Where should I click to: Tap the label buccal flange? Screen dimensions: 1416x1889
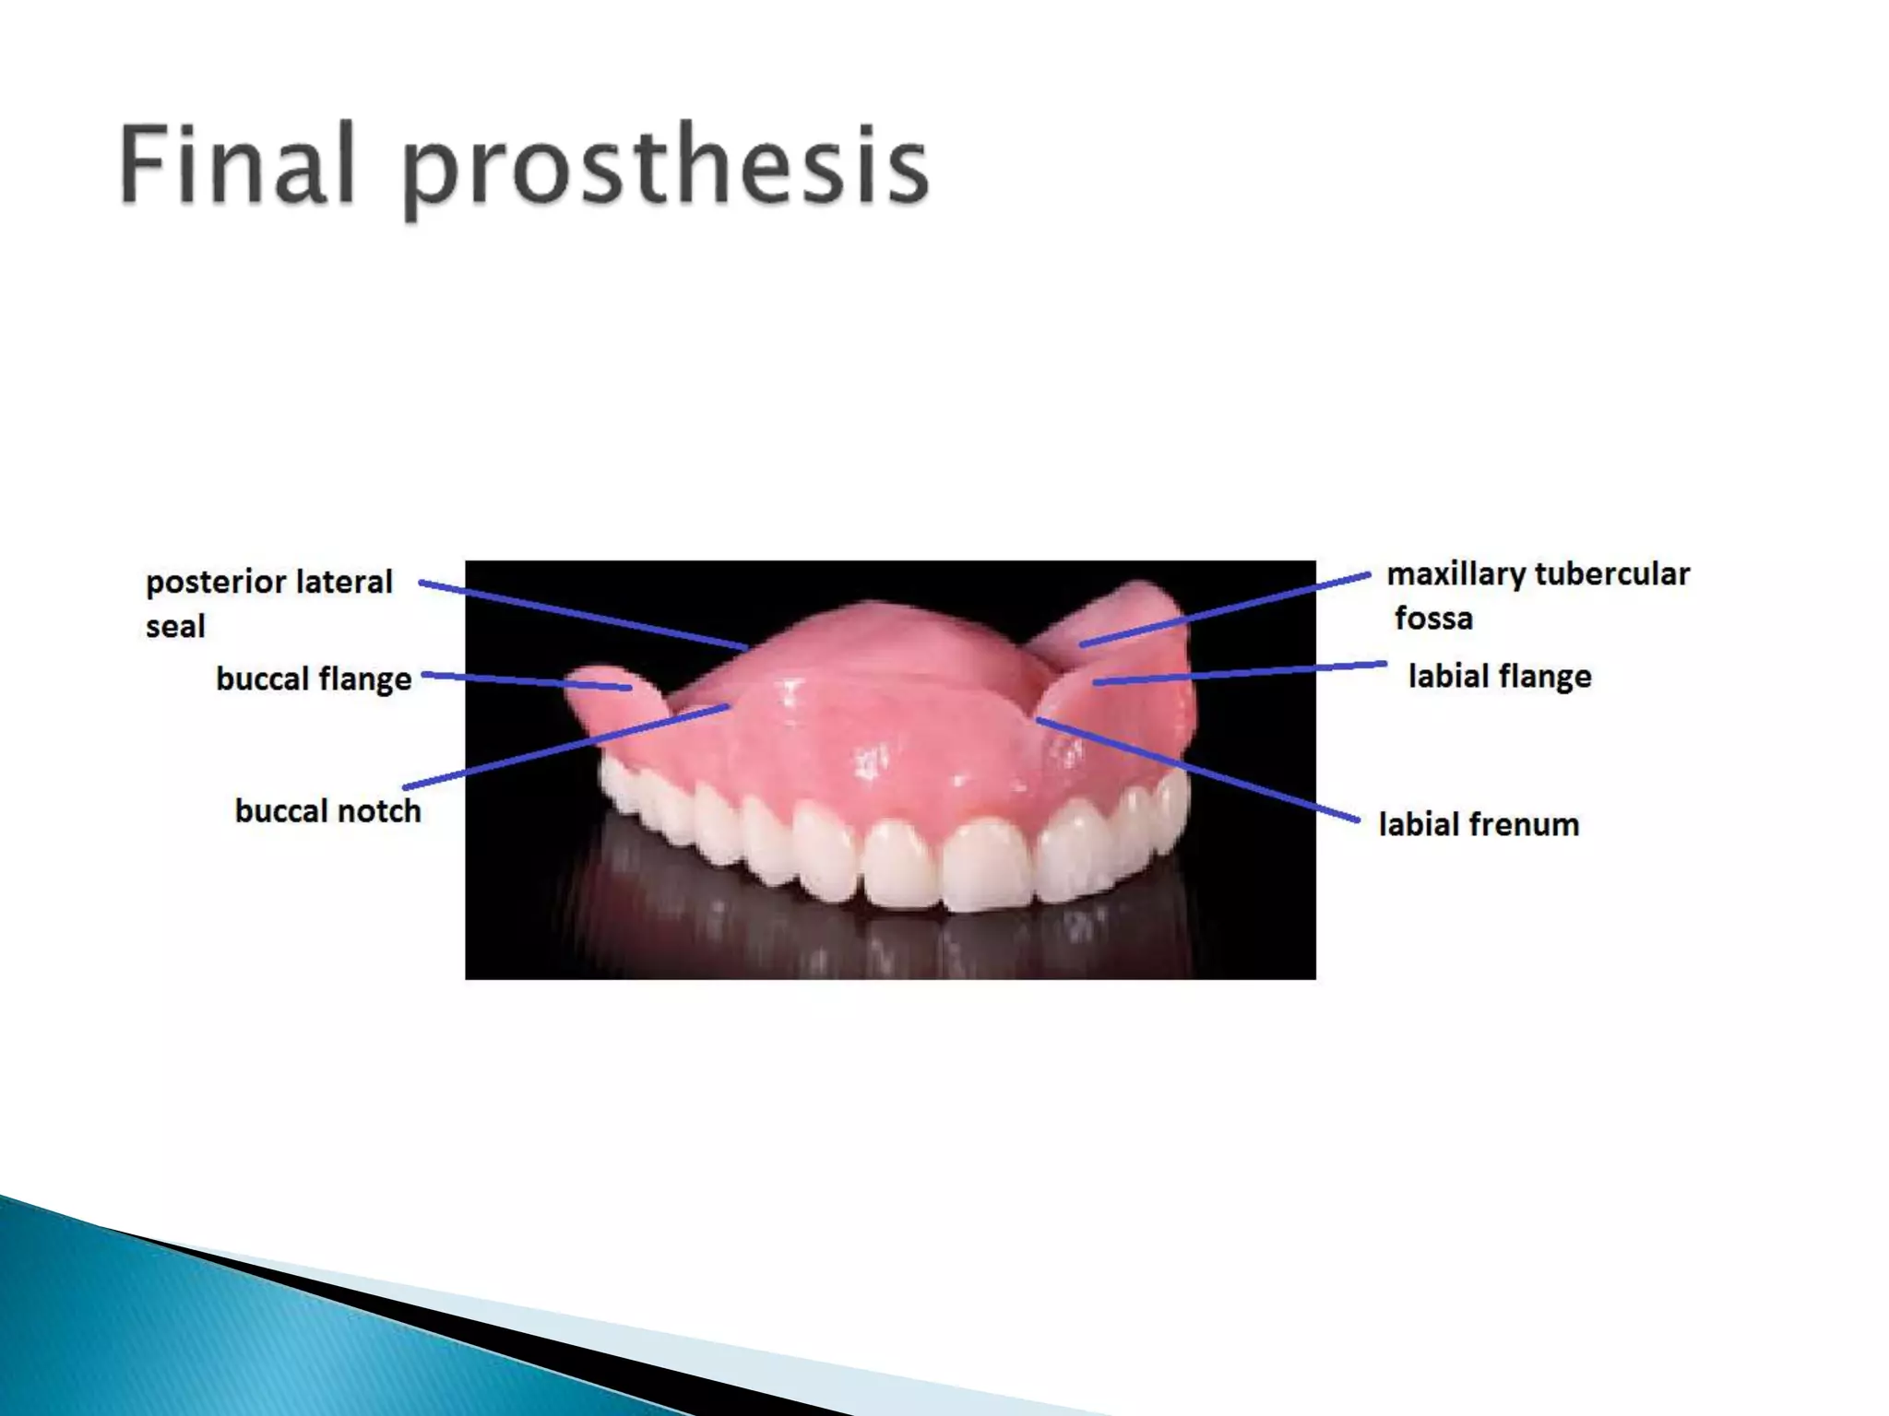pyautogui.click(x=314, y=679)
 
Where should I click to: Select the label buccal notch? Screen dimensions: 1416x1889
pyautogui.click(x=327, y=811)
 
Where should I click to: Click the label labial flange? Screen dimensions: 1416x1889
pyautogui.click(x=1500, y=677)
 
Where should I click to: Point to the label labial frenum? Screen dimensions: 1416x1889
pyautogui.click(x=1479, y=824)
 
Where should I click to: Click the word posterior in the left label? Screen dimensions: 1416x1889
pyautogui.click(x=216, y=583)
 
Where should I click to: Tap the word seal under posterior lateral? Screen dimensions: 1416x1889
pyautogui.click(x=175, y=627)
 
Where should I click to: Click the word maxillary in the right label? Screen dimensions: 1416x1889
pyautogui.click(x=1456, y=574)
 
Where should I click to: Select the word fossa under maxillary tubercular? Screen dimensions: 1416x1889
pyautogui.click(x=1433, y=618)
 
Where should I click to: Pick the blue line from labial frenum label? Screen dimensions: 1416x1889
pyautogui.click(x=1199, y=770)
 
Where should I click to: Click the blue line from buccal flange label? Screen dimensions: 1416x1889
pyautogui.click(x=526, y=681)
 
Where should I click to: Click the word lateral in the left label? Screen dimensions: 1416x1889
pyautogui.click(x=344, y=583)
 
